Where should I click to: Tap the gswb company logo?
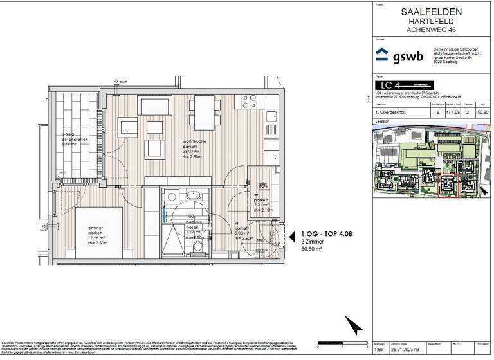(x=399, y=55)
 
